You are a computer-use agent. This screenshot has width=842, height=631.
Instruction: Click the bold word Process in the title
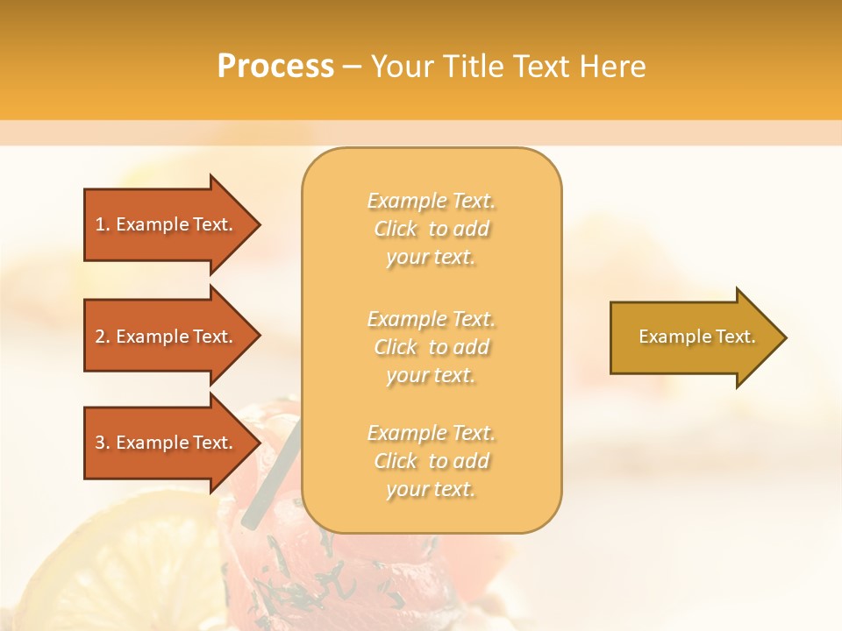click(x=275, y=66)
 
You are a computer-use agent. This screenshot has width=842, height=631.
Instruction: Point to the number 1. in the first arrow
click(x=103, y=224)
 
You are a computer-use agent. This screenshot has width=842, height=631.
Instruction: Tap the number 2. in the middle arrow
click(x=103, y=337)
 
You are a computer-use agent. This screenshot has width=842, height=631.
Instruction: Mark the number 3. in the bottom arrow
click(x=103, y=443)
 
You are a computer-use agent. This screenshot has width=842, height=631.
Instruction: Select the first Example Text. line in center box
click(x=431, y=201)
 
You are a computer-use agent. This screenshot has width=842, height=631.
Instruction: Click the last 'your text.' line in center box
click(x=431, y=489)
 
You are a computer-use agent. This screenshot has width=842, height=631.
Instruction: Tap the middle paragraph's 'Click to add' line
click(x=431, y=347)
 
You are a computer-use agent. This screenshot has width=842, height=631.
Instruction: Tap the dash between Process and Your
click(x=352, y=67)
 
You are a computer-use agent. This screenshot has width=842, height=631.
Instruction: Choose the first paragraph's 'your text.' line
click(x=431, y=257)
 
